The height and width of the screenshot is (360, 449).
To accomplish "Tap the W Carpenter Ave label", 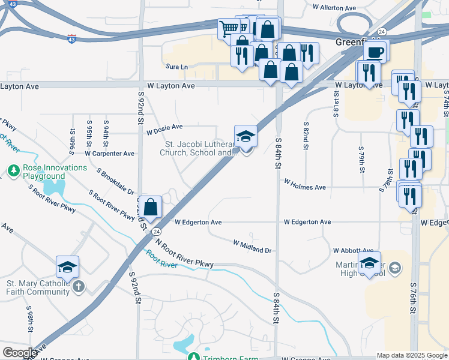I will coord(109,154).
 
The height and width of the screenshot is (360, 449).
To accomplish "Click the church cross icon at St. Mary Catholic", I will coord(78,287).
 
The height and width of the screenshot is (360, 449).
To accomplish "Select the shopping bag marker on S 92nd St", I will coord(152,206).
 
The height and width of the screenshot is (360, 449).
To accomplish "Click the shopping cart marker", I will coord(228,28).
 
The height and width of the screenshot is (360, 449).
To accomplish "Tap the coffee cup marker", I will coord(376,52).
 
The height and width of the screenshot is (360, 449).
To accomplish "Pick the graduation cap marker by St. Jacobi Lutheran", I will coord(246,136).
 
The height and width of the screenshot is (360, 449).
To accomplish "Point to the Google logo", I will coord(20,353).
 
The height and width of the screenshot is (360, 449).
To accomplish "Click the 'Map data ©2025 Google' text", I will coord(411,355).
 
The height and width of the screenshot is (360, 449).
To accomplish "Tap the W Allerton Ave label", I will coord(335,8).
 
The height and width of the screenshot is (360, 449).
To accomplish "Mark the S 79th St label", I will coord(362,159).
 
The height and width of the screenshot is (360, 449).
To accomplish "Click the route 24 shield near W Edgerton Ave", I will coord(156,231).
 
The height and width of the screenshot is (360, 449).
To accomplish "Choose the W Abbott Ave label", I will coord(354,251).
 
